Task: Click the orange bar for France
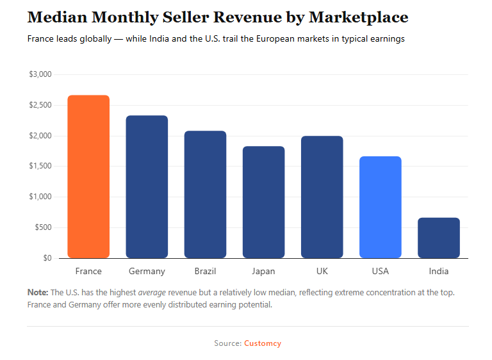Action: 88,177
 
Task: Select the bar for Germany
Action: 147,187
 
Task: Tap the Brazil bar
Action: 205,195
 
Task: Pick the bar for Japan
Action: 263,202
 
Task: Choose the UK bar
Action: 322,197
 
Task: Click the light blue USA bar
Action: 380,208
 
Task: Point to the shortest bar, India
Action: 439,238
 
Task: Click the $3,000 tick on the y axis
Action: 40,74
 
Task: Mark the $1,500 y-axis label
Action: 40,167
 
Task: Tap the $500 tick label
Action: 42,227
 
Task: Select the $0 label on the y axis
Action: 46,258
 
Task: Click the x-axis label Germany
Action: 147,271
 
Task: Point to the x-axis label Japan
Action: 263,271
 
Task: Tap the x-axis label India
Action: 439,271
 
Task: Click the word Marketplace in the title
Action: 352,17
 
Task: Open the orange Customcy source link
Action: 262,343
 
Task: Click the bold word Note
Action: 37,292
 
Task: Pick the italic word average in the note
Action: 152,292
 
